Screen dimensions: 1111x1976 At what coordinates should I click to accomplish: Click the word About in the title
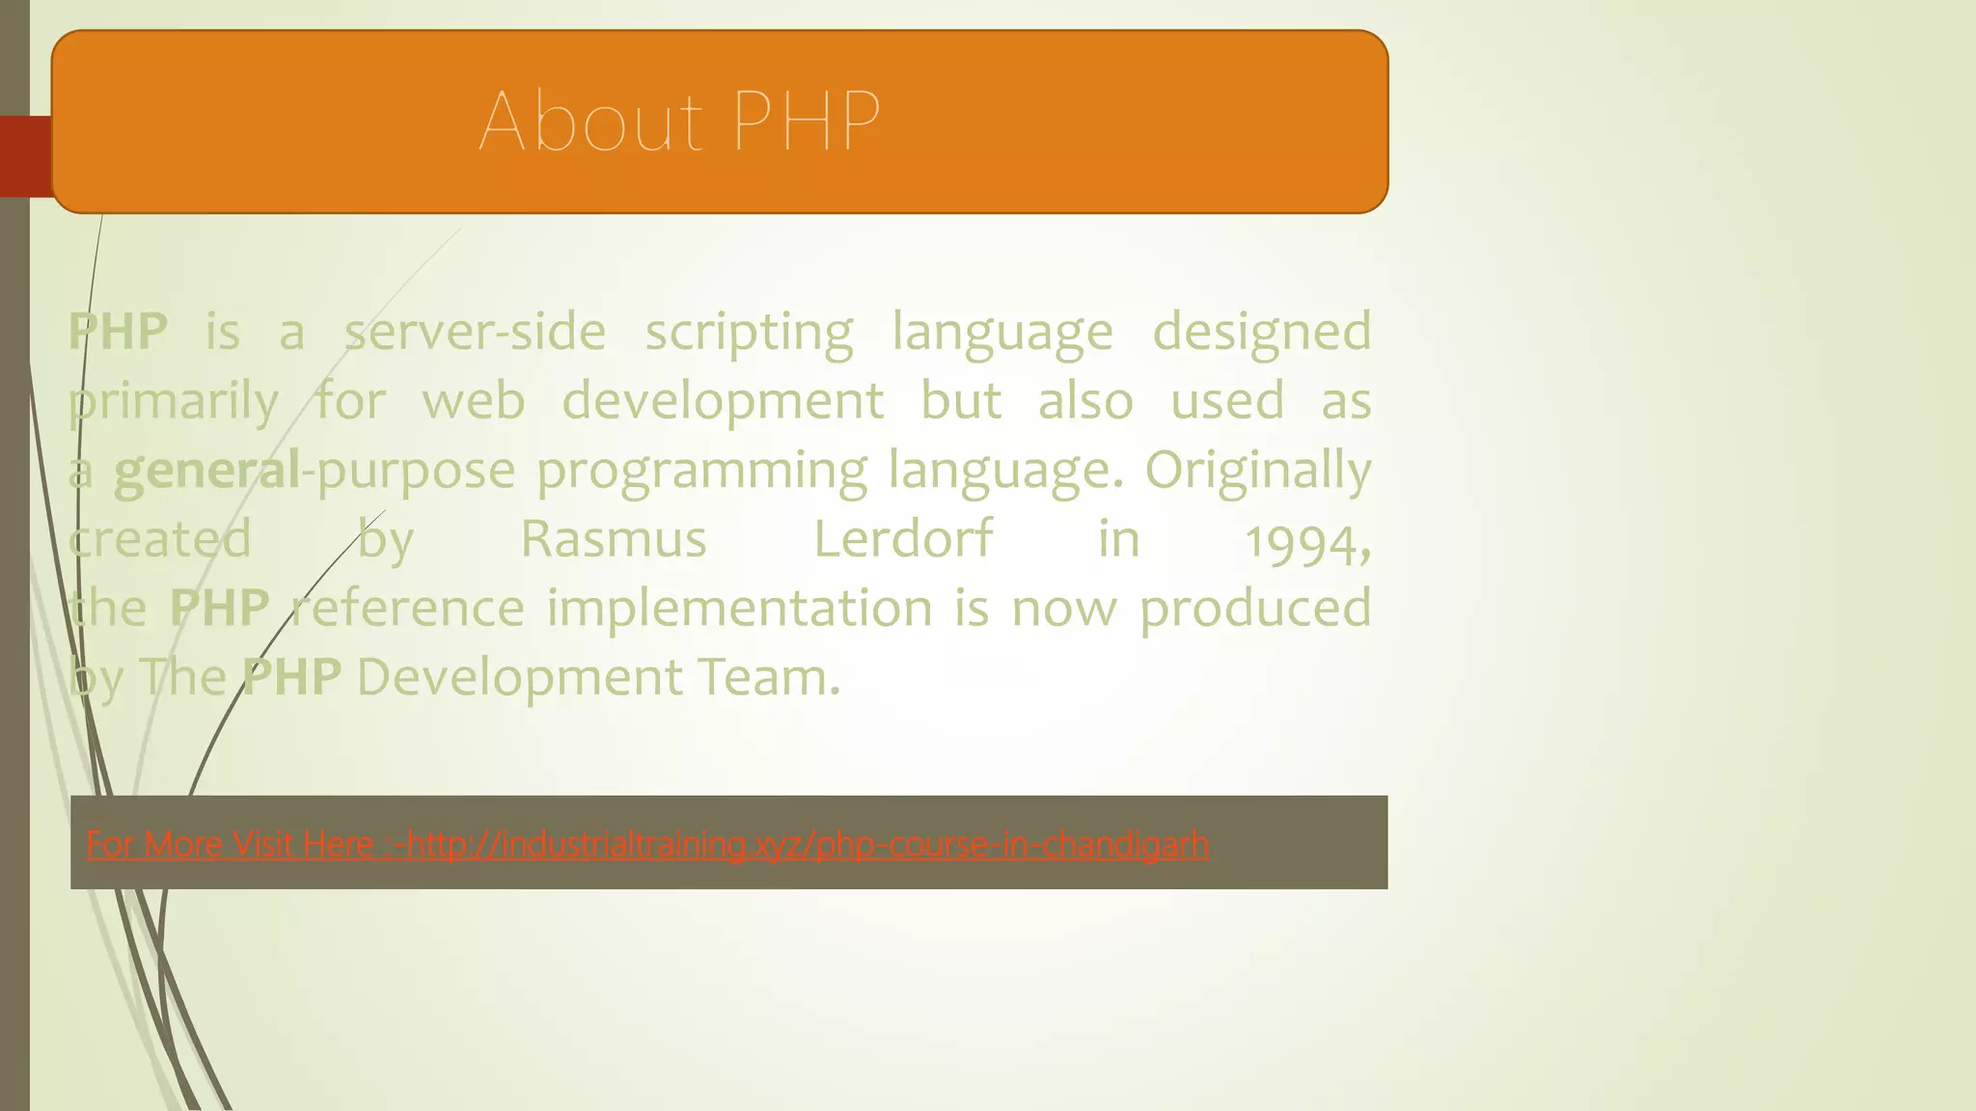[590, 122]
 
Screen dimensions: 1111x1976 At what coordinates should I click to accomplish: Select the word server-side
[475, 332]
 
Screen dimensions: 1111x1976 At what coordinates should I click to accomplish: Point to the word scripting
[749, 334]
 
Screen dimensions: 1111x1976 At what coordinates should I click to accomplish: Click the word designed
[1262, 334]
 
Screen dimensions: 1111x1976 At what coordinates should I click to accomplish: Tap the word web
[474, 401]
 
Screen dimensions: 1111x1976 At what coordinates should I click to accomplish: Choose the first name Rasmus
[614, 539]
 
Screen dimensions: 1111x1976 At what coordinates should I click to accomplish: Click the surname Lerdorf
[903, 539]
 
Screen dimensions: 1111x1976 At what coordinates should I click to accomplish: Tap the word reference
[408, 609]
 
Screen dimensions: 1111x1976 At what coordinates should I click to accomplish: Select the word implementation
[740, 609]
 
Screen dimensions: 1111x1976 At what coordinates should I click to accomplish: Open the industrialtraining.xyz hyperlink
[807, 845]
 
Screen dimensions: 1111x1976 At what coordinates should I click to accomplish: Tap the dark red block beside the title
[25, 156]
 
